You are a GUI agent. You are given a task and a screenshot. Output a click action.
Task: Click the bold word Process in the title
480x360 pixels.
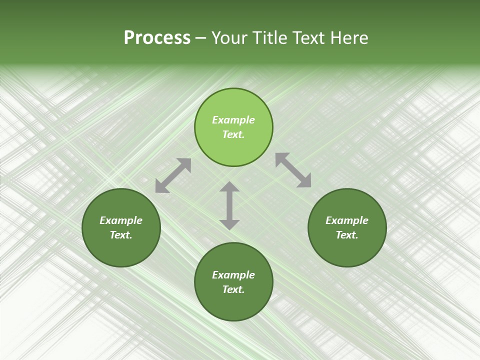point(157,38)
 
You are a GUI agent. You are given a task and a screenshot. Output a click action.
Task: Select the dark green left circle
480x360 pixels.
point(121,250)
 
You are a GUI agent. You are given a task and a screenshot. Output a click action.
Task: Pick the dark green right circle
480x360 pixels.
point(347,250)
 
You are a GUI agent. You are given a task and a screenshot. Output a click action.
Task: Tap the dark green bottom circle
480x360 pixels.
point(233,304)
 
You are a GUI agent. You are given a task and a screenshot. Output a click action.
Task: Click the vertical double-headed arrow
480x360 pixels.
point(229,205)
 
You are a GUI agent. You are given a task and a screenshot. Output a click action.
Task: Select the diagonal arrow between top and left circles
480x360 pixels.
point(173,175)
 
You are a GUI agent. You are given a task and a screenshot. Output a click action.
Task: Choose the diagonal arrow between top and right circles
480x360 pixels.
point(293,170)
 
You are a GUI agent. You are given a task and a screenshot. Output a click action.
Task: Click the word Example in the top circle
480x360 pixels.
point(233,120)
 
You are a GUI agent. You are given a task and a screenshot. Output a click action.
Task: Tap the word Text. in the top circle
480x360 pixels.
point(233,134)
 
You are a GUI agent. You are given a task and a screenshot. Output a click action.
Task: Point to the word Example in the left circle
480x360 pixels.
point(121,220)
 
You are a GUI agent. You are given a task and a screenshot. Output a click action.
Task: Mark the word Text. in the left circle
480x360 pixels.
point(121,235)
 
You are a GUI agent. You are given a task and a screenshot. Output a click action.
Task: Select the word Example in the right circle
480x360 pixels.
point(347,220)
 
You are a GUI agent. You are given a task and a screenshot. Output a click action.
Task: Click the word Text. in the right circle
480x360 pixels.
point(347,235)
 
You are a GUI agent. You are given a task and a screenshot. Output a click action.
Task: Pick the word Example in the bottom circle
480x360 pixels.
point(233,275)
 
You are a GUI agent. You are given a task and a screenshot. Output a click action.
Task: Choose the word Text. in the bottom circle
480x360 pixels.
point(233,289)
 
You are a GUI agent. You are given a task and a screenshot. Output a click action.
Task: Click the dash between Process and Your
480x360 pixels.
point(201,38)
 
